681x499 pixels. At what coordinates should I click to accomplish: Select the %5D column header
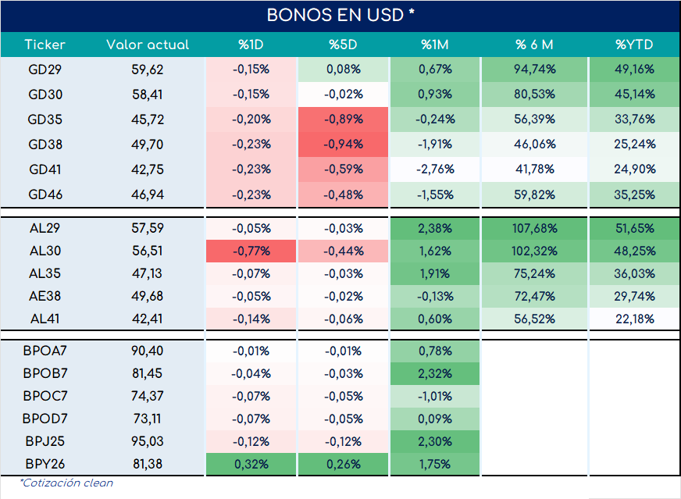[x=343, y=45]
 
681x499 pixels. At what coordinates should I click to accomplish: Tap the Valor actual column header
[x=148, y=45]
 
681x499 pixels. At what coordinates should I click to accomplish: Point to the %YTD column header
[x=634, y=45]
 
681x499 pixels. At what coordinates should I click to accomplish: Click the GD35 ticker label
[x=45, y=119]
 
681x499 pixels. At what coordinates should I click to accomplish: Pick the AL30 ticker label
[x=45, y=251]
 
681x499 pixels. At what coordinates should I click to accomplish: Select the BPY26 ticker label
[x=45, y=464]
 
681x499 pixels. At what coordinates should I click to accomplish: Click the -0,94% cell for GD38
[x=343, y=144]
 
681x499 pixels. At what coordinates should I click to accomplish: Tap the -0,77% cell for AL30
[x=251, y=251]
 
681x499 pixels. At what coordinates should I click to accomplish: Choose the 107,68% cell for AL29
[x=535, y=228]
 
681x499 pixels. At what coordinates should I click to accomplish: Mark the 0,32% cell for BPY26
[x=251, y=464]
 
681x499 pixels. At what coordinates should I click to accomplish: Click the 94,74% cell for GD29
[x=535, y=69]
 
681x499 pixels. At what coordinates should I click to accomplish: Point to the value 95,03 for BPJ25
[x=148, y=441]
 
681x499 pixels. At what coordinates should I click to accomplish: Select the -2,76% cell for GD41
[x=435, y=169]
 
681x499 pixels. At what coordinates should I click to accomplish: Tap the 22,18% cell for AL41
[x=634, y=319]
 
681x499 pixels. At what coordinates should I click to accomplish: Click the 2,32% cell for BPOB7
[x=435, y=373]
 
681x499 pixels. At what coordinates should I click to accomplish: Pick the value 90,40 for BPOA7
[x=148, y=351]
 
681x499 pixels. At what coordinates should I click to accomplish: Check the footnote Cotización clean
[x=66, y=483]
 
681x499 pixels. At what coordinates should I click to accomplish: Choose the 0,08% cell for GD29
[x=343, y=69]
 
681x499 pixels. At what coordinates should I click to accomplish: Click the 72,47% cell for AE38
[x=535, y=296]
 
